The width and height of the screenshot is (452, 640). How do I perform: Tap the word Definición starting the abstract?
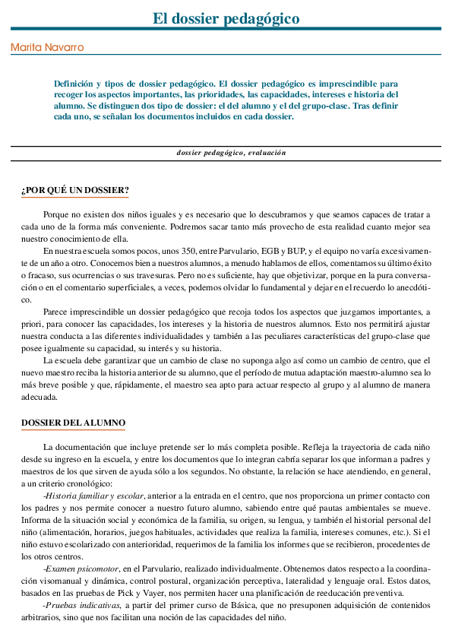tap(74, 83)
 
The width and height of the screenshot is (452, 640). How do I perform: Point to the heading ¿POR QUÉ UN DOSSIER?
tap(74, 190)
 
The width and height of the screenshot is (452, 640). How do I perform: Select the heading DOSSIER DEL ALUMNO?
tap(74, 423)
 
